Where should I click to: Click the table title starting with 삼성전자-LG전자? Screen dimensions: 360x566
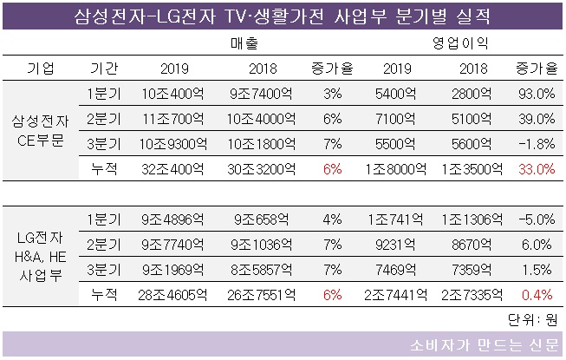[283, 15]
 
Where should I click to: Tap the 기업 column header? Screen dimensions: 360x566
[41, 69]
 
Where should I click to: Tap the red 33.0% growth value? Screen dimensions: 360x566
[534, 169]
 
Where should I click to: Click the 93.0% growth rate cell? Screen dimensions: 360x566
[534, 94]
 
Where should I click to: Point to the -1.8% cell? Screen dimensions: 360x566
[534, 144]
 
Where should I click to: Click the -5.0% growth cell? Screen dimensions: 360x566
[534, 219]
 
